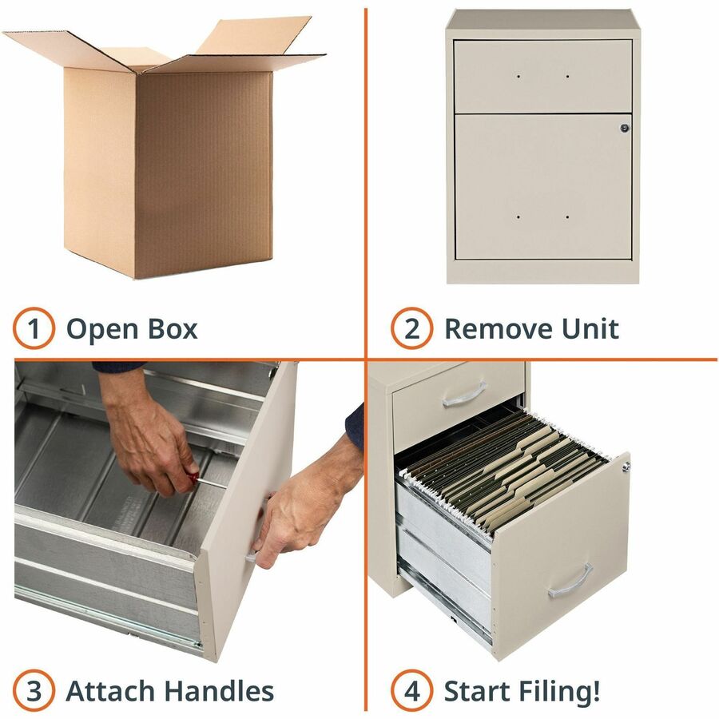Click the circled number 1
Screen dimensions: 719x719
coord(34,328)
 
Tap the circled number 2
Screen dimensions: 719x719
coord(411,328)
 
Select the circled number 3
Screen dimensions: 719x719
coord(34,690)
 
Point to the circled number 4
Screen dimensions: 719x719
coord(411,690)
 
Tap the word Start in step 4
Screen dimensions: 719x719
coord(477,691)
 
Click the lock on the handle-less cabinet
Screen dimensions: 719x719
coord(625,128)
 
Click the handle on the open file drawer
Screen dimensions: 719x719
coord(570,582)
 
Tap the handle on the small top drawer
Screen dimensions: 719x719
coord(464,395)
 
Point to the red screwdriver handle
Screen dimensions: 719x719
coord(193,477)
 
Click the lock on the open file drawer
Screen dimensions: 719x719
coord(626,467)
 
